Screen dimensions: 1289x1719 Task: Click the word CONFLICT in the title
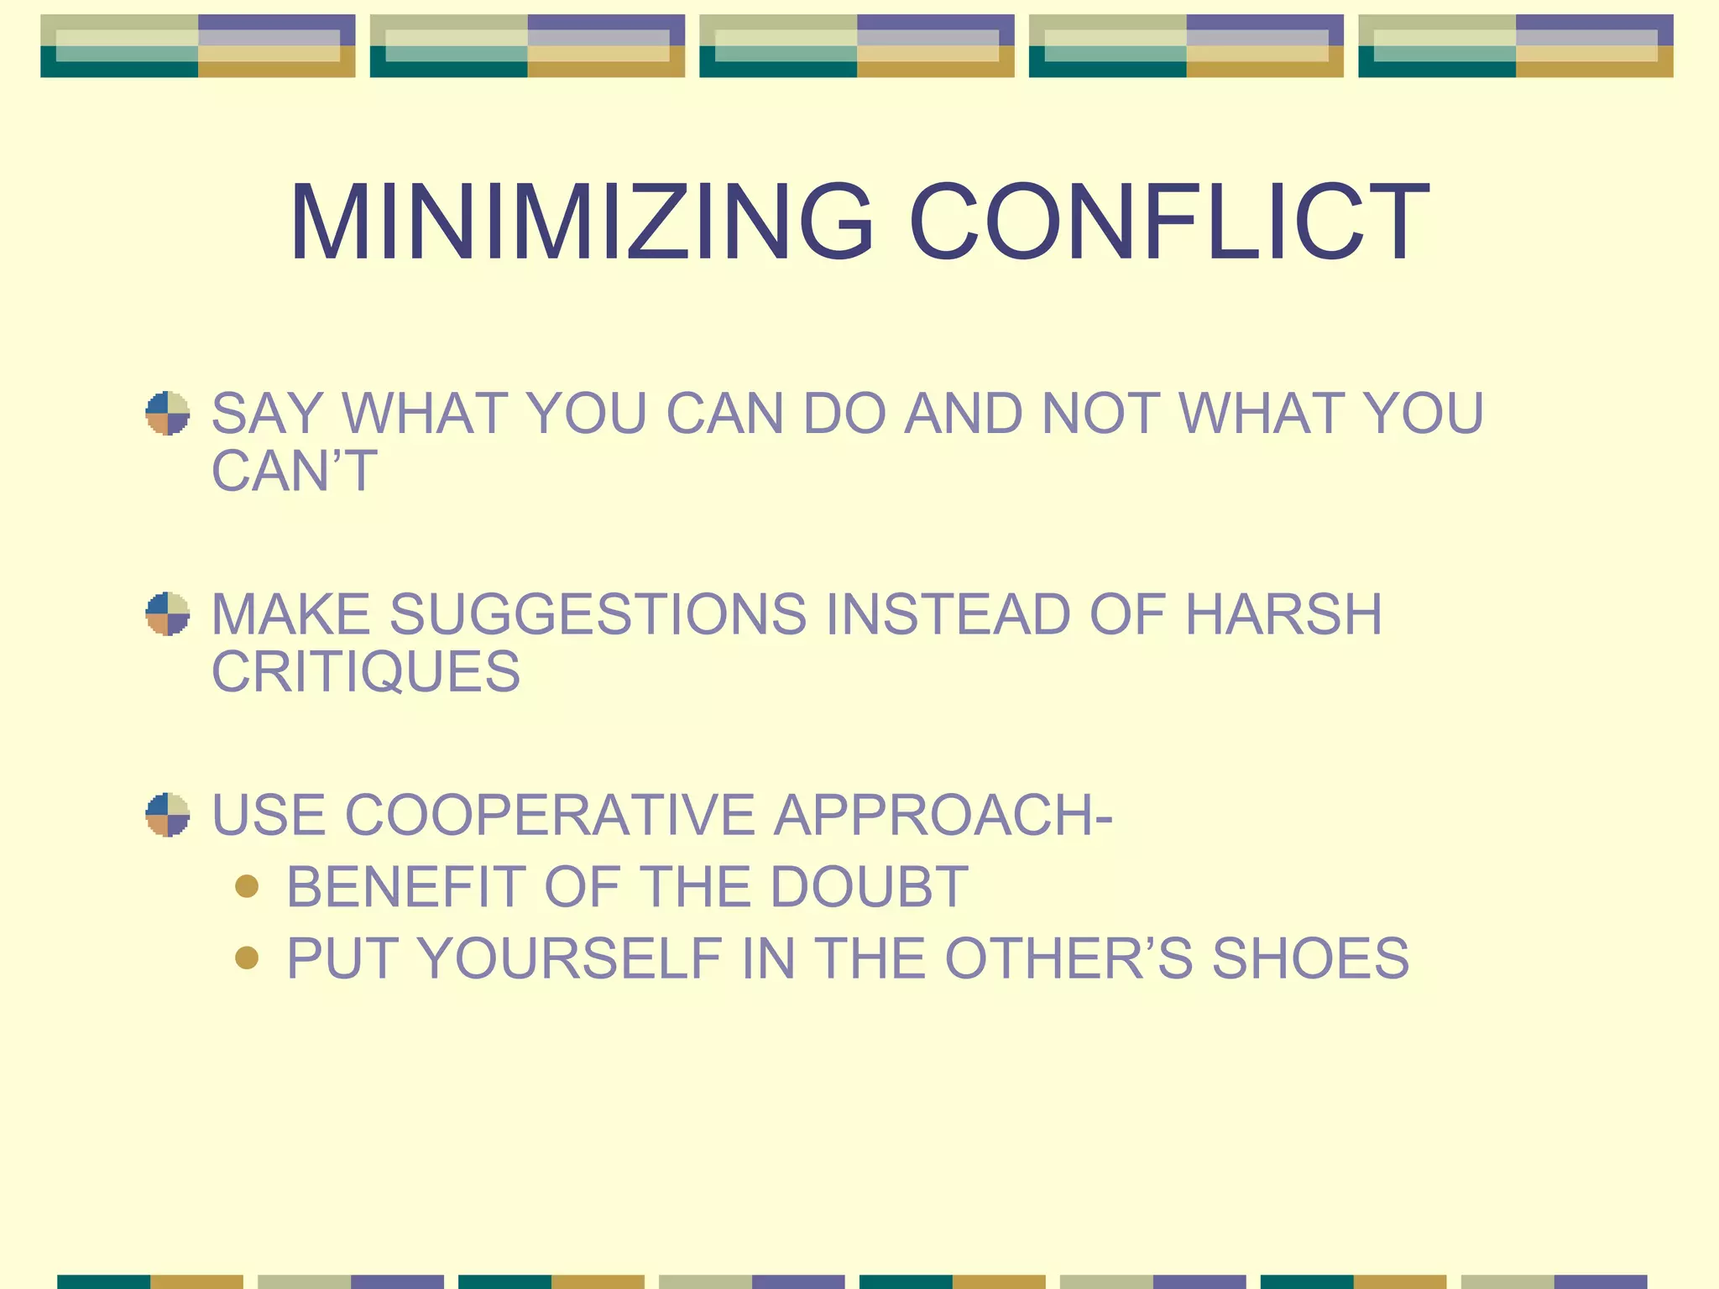pyautogui.click(x=1168, y=223)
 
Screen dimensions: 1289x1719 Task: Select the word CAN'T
pyautogui.click(x=295, y=471)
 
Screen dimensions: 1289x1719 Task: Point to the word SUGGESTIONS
pyautogui.click(x=598, y=614)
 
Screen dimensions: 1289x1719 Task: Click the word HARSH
pyautogui.click(x=1283, y=614)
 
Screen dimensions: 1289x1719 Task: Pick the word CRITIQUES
pyautogui.click(x=366, y=671)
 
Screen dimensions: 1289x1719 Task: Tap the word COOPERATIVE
pyautogui.click(x=550, y=815)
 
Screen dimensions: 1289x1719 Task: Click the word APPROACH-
pyautogui.click(x=943, y=815)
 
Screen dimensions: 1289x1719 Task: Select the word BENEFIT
pyautogui.click(x=405, y=887)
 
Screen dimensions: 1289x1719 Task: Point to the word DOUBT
pyautogui.click(x=869, y=887)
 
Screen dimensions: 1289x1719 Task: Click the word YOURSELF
pyautogui.click(x=570, y=958)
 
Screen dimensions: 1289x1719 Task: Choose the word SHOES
pyautogui.click(x=1310, y=958)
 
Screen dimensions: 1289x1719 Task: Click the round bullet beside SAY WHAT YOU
pyautogui.click(x=168, y=413)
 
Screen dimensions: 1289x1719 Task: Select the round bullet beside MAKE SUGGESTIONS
pyautogui.click(x=168, y=613)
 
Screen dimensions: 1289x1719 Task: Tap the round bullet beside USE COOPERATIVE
pyautogui.click(x=168, y=814)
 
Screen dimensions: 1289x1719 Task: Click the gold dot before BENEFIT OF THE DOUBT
pyautogui.click(x=247, y=886)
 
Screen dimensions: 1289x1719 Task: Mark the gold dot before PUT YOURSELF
pyautogui.click(x=247, y=958)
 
